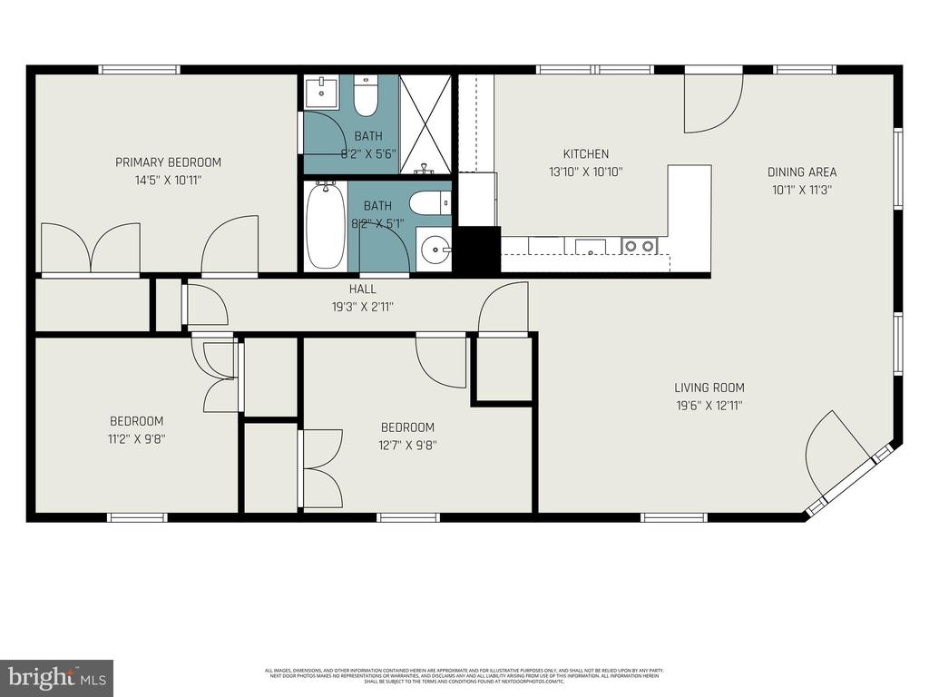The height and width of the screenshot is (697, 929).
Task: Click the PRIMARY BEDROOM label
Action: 168,162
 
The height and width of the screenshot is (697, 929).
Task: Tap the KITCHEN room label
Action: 585,154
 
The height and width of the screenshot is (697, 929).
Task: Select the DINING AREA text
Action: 802,172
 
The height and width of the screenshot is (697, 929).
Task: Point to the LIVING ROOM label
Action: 709,388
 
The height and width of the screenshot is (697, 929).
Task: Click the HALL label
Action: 363,290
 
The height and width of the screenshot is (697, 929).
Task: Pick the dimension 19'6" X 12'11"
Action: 709,407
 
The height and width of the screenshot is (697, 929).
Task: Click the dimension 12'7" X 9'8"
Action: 407,445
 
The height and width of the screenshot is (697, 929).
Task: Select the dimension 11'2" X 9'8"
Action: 137,438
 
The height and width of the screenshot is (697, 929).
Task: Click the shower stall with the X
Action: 425,124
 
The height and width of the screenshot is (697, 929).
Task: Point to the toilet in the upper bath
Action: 366,97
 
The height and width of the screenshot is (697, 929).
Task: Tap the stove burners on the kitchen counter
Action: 640,245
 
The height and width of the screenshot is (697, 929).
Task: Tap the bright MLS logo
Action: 56,677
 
